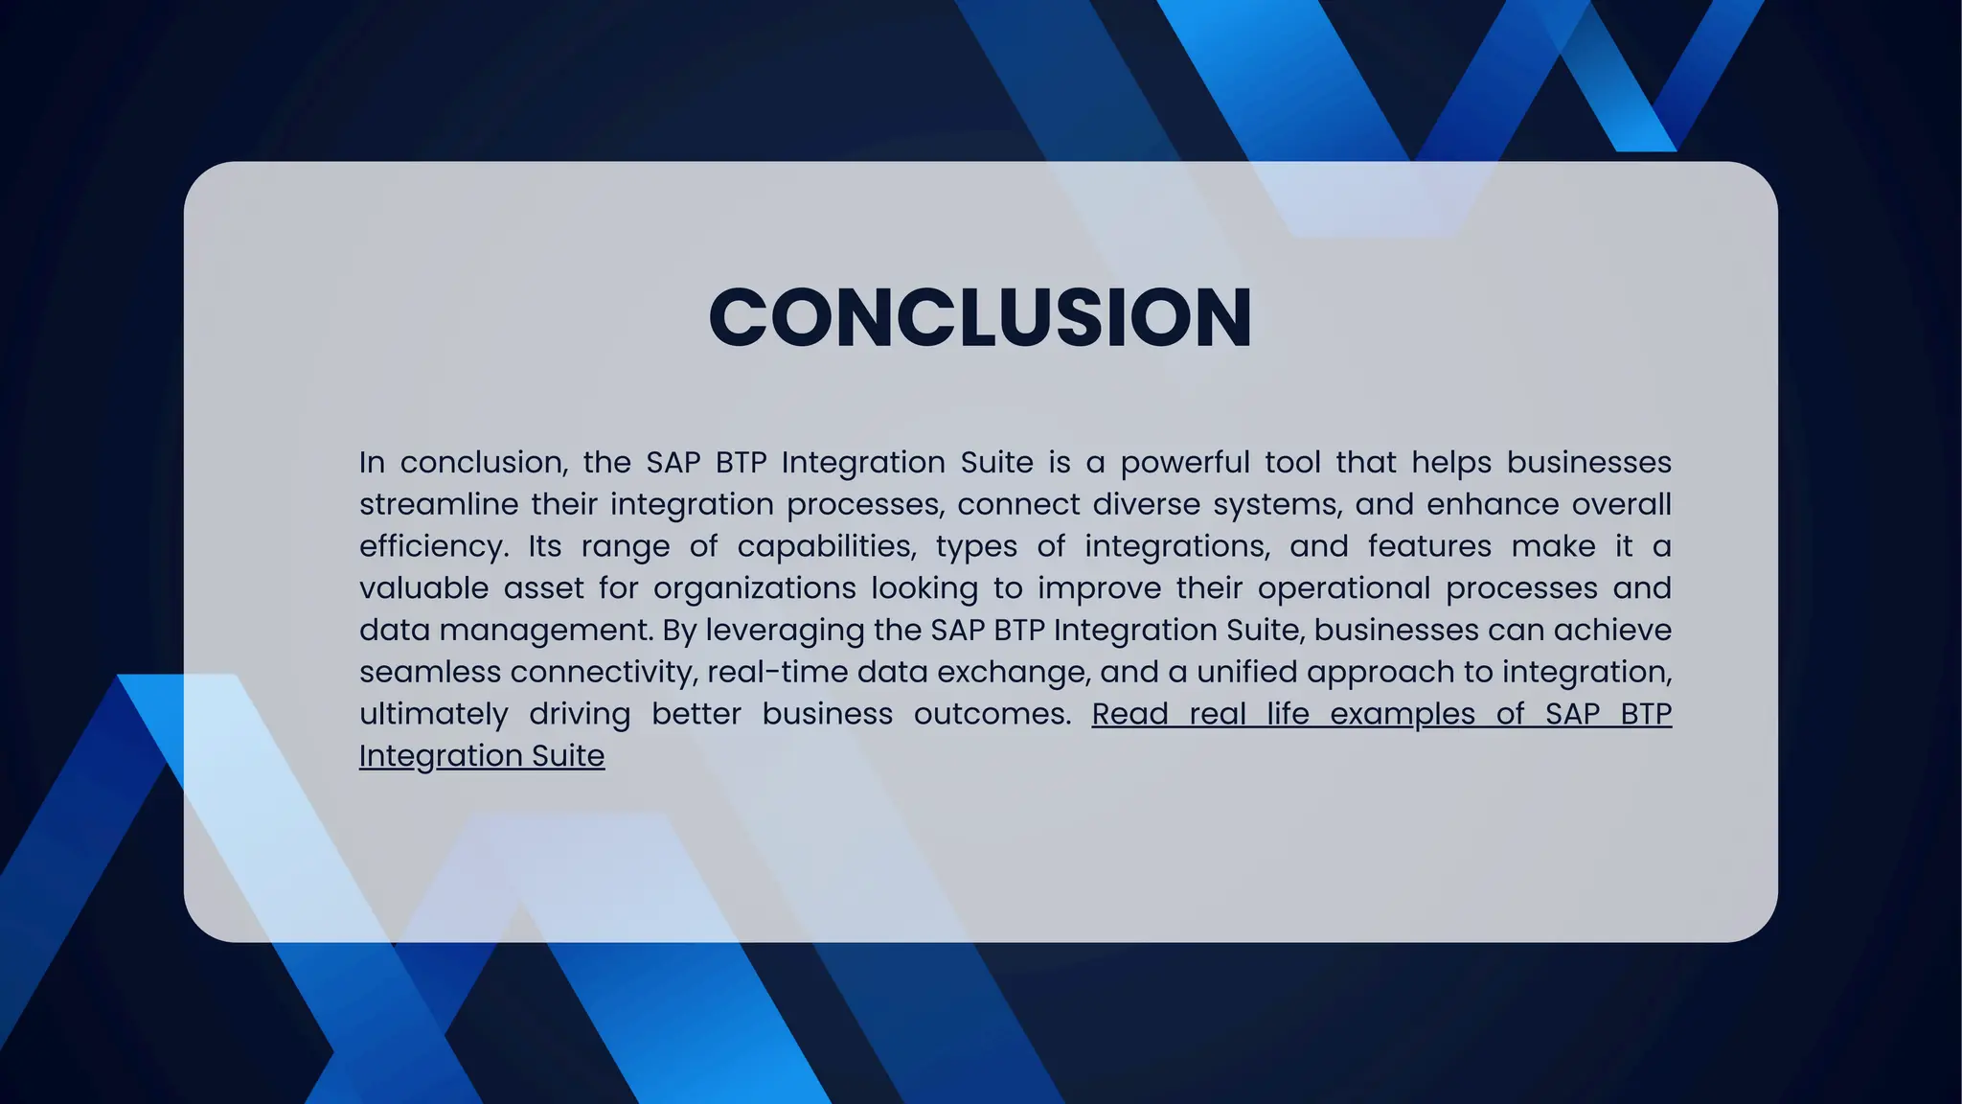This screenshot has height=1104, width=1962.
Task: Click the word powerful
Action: (1185, 463)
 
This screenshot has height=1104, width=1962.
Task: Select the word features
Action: (1429, 546)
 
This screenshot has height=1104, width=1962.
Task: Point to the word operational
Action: (1344, 588)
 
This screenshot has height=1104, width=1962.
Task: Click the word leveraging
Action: (786, 631)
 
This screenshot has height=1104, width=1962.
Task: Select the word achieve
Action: (1612, 631)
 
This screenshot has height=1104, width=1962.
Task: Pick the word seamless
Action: (430, 672)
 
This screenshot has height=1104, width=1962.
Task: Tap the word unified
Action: (1246, 672)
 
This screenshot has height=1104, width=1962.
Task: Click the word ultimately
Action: (433, 714)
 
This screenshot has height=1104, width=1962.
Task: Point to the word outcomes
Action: (992, 714)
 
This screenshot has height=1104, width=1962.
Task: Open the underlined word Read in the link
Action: (1129, 714)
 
